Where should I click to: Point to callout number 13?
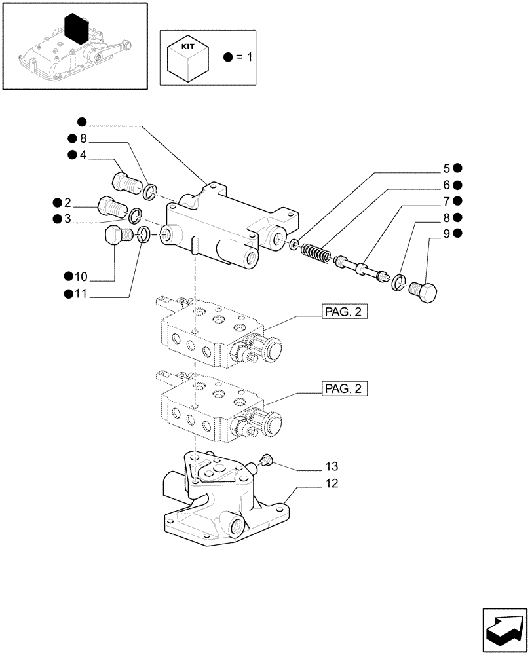[332, 466]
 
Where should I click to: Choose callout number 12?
[332, 484]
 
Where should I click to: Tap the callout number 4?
[83, 155]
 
